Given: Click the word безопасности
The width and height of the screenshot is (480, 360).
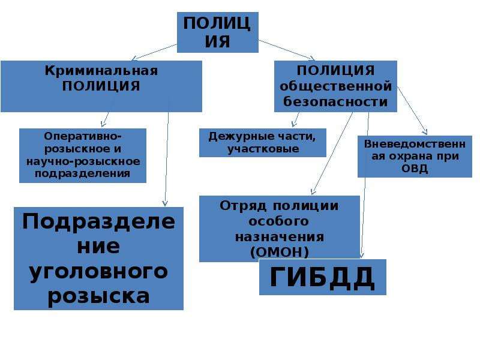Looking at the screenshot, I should pyautogui.click(x=335, y=101).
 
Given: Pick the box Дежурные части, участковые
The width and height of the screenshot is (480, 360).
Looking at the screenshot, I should pyautogui.click(x=263, y=142).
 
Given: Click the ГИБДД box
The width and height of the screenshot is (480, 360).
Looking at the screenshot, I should pyautogui.click(x=322, y=277).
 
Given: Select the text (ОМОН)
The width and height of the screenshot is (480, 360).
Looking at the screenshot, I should pyautogui.click(x=279, y=251).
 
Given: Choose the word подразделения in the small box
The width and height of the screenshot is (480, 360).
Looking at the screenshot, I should pyautogui.click(x=83, y=173).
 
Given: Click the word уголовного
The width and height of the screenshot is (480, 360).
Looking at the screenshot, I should pyautogui.click(x=98, y=271).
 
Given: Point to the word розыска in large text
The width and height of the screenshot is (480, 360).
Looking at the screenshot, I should pyautogui.click(x=98, y=295).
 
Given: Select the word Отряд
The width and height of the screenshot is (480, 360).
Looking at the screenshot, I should pyautogui.click(x=245, y=206).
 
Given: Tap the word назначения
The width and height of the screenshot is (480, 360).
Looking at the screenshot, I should pyautogui.click(x=279, y=236).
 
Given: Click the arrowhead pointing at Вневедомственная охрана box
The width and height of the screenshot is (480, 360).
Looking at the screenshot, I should pyautogui.click(x=425, y=131).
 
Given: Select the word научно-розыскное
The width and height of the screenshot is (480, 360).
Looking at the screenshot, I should pyautogui.click(x=83, y=161).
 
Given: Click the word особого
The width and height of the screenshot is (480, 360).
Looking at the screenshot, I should pyautogui.click(x=279, y=221).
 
